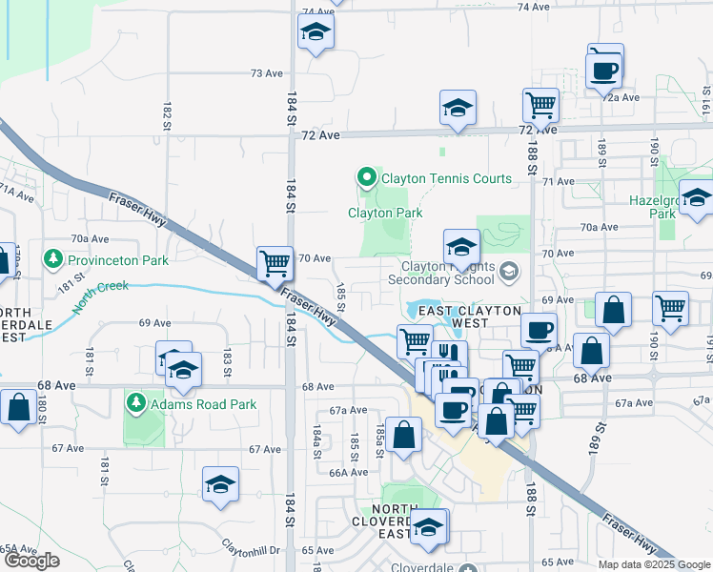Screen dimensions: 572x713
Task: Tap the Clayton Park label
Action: coord(384,214)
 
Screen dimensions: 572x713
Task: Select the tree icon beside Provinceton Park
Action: coord(53,259)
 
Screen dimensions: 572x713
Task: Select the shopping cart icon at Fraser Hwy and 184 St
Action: coord(275,262)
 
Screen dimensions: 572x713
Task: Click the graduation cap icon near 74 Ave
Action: coord(315,33)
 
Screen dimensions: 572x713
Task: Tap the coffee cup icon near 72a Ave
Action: coord(604,69)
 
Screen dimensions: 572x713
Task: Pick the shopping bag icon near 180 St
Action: coord(18,407)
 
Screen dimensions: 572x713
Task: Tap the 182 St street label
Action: coord(168,116)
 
